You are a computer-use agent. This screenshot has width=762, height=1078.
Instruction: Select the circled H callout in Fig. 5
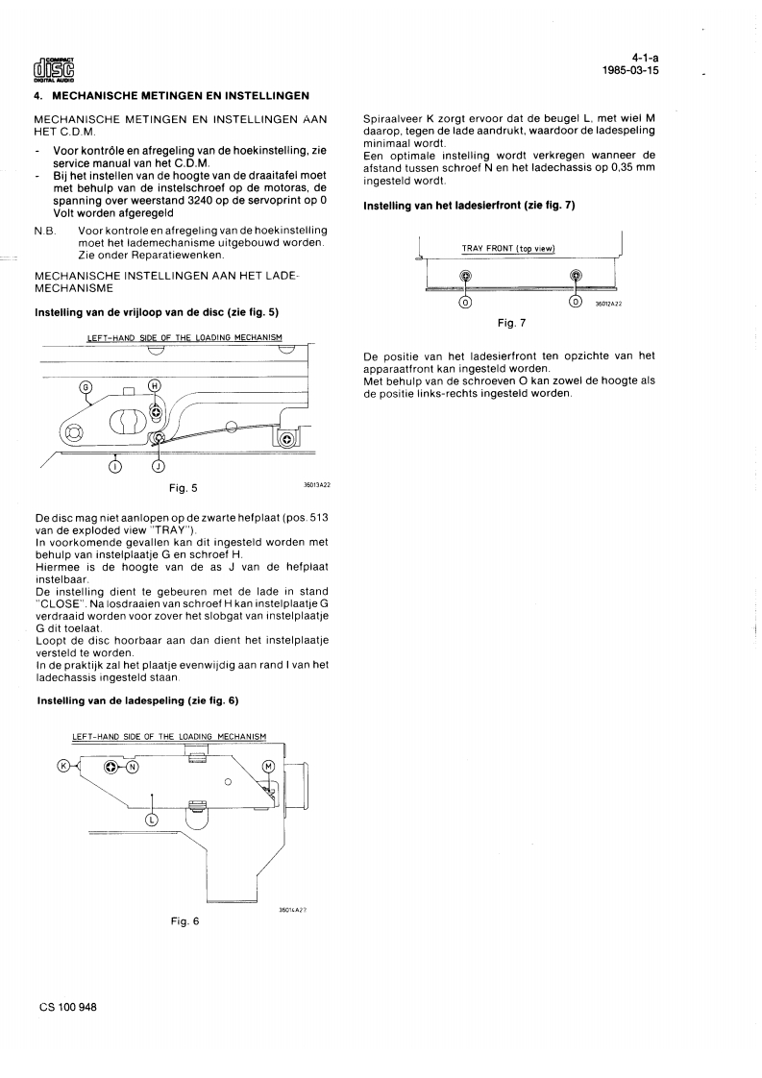[155, 385]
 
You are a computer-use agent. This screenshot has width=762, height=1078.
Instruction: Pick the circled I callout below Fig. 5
[115, 467]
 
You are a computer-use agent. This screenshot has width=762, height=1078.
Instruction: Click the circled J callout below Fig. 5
[158, 467]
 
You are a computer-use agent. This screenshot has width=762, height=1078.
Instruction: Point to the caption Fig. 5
[183, 488]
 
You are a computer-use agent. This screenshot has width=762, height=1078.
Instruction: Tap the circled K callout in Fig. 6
[64, 766]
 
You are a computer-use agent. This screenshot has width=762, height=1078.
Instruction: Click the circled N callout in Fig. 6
[132, 767]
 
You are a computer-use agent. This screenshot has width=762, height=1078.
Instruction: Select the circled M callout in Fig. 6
[269, 766]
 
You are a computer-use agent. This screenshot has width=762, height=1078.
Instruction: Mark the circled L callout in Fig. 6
[151, 820]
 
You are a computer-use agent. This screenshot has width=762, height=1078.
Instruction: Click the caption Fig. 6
[184, 921]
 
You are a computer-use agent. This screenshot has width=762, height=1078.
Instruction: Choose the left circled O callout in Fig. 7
[465, 302]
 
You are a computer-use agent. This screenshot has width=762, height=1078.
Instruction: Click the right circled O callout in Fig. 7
[576, 302]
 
